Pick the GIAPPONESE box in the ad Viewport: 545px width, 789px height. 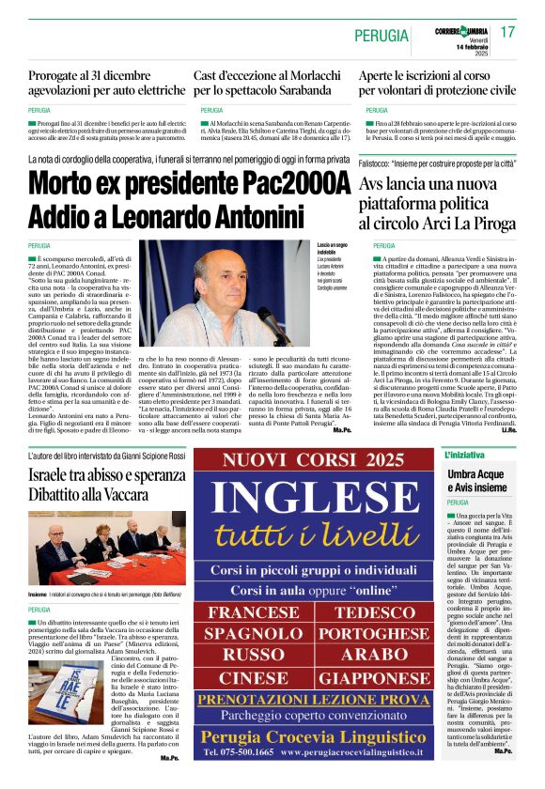377,677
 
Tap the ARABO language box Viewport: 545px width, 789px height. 377,656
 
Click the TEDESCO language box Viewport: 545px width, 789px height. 377,612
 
